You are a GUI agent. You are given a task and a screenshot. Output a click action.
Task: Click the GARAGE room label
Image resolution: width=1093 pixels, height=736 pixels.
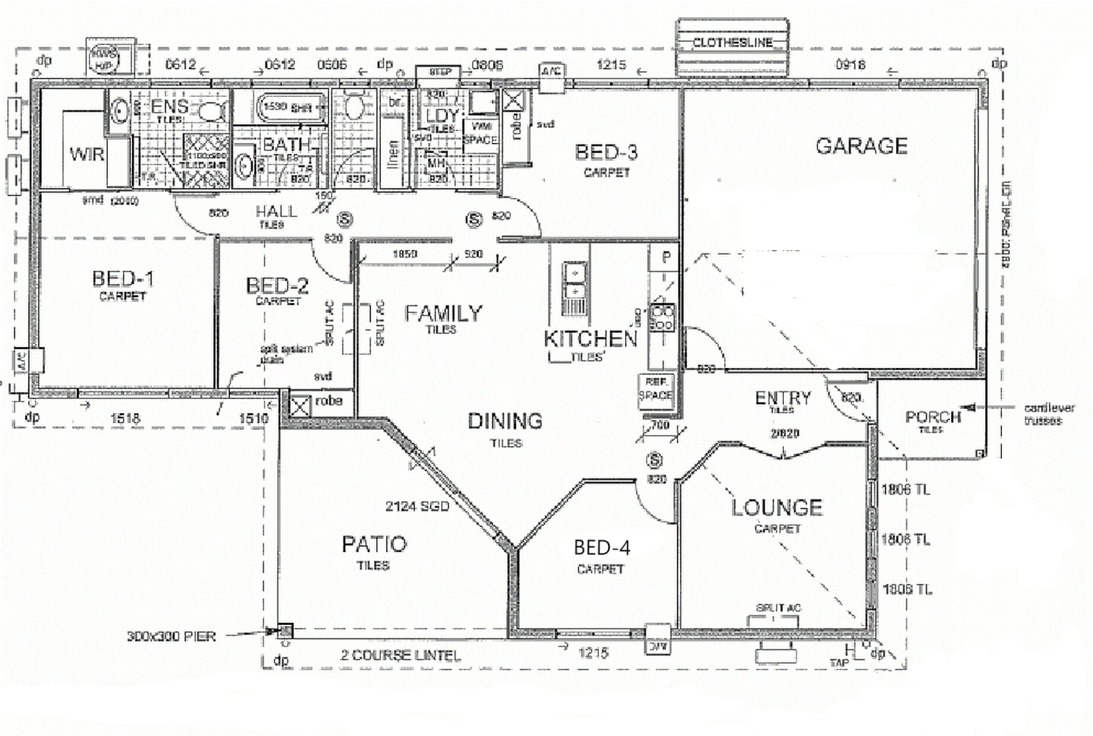tap(861, 146)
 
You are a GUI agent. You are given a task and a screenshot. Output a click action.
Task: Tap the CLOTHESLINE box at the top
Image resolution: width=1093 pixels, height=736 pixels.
tap(732, 42)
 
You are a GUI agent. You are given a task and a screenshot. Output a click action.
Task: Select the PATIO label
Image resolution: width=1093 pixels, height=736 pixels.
tap(374, 544)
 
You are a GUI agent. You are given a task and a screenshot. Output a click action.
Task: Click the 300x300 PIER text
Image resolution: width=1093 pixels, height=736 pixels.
tap(171, 637)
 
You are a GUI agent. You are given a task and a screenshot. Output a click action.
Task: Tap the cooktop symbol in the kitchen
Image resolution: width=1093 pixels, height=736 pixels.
tap(661, 318)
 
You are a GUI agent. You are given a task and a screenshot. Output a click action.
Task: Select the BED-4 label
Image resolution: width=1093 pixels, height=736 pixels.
tap(601, 547)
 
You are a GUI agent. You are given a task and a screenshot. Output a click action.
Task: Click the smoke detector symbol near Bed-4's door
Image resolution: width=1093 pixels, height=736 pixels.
tap(654, 460)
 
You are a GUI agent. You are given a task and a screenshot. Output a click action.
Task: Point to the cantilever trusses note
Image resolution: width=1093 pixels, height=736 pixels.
tap(1049, 414)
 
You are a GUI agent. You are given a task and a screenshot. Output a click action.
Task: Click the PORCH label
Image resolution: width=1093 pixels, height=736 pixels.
tap(932, 416)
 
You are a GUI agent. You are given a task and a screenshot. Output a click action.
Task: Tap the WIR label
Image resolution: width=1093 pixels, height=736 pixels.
tap(86, 154)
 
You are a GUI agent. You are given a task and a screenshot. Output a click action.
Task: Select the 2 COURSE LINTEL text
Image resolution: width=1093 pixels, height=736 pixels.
tap(400, 656)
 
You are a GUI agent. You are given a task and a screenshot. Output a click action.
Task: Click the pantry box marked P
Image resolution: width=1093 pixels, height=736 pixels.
tap(665, 258)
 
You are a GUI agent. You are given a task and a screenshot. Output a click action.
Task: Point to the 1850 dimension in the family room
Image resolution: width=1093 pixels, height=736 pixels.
tap(405, 254)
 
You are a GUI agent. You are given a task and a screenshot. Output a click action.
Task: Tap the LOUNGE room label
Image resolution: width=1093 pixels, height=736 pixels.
tap(777, 508)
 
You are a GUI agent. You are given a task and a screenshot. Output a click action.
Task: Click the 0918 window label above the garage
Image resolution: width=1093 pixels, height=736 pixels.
tap(850, 64)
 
